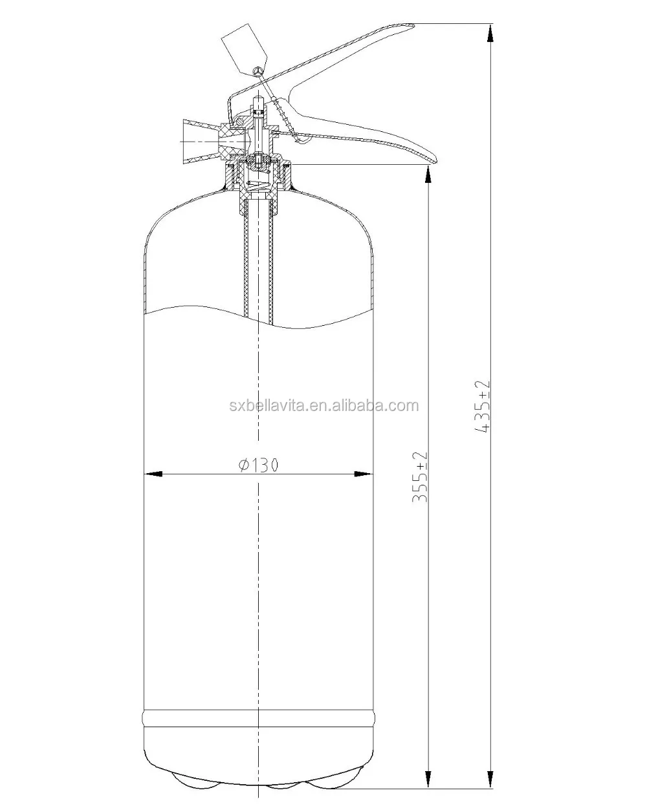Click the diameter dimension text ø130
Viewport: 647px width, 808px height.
[x=258, y=465]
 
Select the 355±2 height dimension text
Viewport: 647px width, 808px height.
[x=421, y=479]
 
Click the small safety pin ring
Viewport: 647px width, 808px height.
[x=259, y=70]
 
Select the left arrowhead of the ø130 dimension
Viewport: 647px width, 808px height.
[x=151, y=474]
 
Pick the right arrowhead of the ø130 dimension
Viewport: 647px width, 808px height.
[x=366, y=474]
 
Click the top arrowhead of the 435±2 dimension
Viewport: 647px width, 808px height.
[x=491, y=32]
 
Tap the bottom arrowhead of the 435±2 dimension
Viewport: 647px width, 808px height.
[x=491, y=780]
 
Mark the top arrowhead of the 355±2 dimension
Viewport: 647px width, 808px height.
[x=428, y=173]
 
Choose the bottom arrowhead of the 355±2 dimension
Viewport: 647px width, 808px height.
[x=428, y=780]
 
